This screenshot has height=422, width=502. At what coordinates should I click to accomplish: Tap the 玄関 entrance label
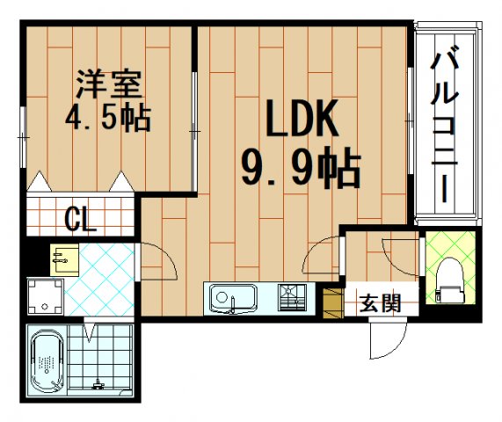[380, 304]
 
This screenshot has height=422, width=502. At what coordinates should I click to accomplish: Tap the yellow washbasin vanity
[64, 258]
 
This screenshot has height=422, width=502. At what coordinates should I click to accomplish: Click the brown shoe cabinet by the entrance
[332, 302]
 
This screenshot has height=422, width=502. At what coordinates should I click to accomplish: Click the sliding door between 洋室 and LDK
[194, 132]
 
